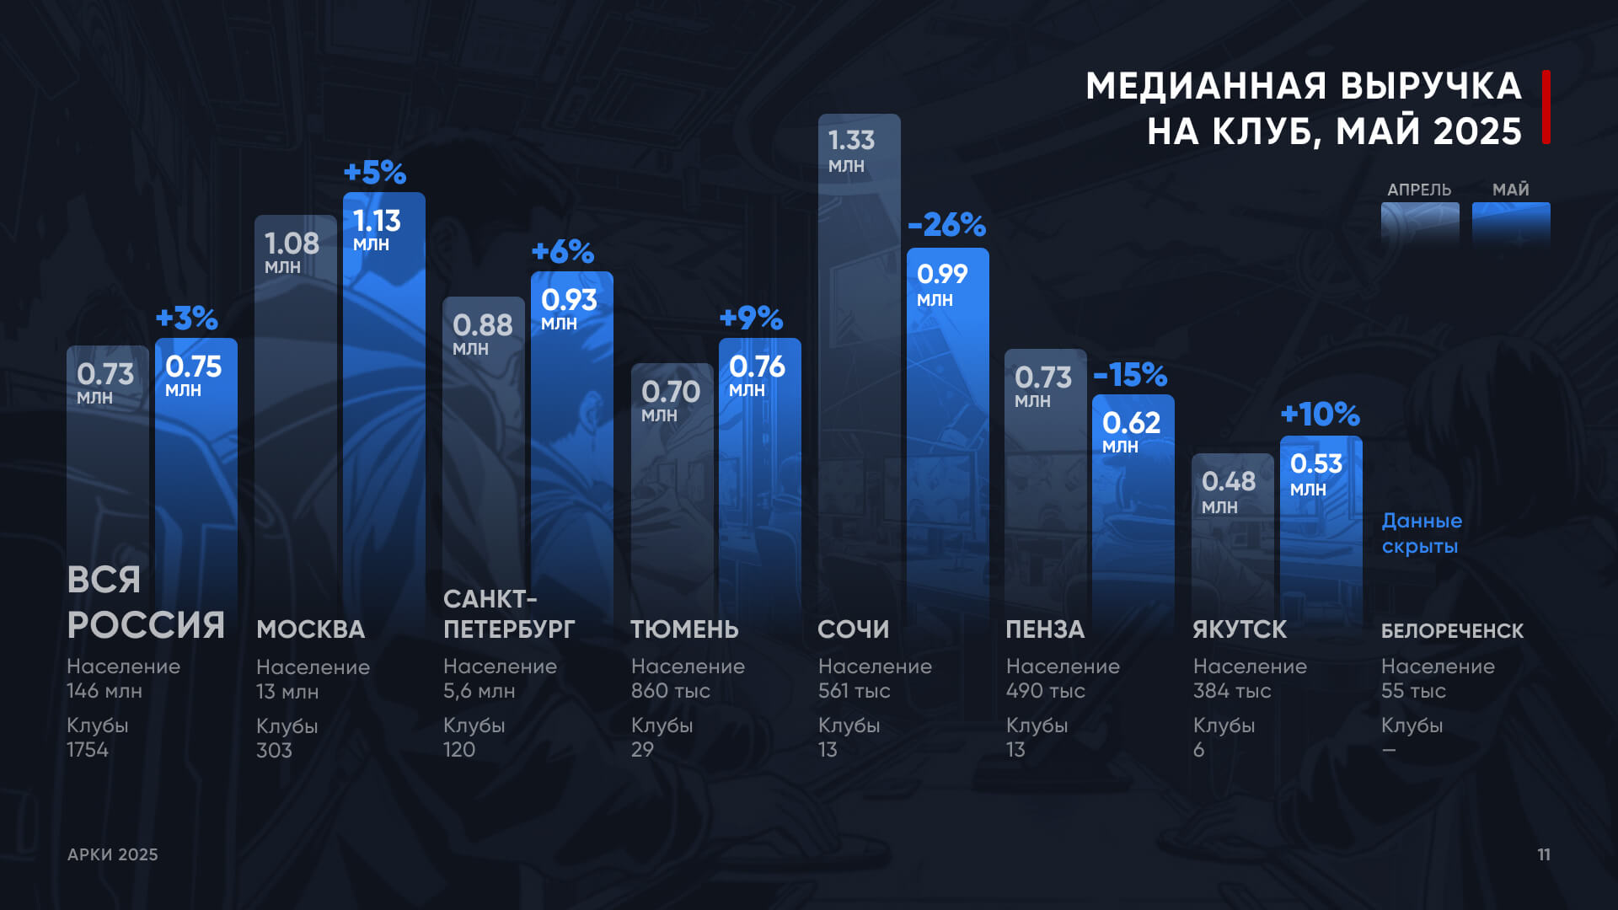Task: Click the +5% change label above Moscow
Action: point(375,173)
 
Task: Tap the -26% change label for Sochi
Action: point(946,225)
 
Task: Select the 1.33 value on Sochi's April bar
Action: point(851,140)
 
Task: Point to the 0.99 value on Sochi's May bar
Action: point(942,274)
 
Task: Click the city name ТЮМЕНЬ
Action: point(684,629)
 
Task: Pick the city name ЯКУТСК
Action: point(1240,629)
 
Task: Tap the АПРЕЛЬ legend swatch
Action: point(1420,222)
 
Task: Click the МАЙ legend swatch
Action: point(1511,222)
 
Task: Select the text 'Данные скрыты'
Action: point(1422,533)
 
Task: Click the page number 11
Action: point(1544,854)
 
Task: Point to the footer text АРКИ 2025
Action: point(113,854)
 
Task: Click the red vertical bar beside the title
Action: point(1546,107)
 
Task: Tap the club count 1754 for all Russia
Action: point(88,750)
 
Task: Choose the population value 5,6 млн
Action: point(479,691)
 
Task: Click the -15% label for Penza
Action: point(1130,375)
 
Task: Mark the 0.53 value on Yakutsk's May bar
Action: point(1315,463)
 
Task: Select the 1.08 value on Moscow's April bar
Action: point(292,244)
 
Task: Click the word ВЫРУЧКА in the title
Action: point(1431,86)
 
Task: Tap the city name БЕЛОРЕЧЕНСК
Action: point(1452,630)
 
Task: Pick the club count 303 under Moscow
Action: point(274,750)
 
